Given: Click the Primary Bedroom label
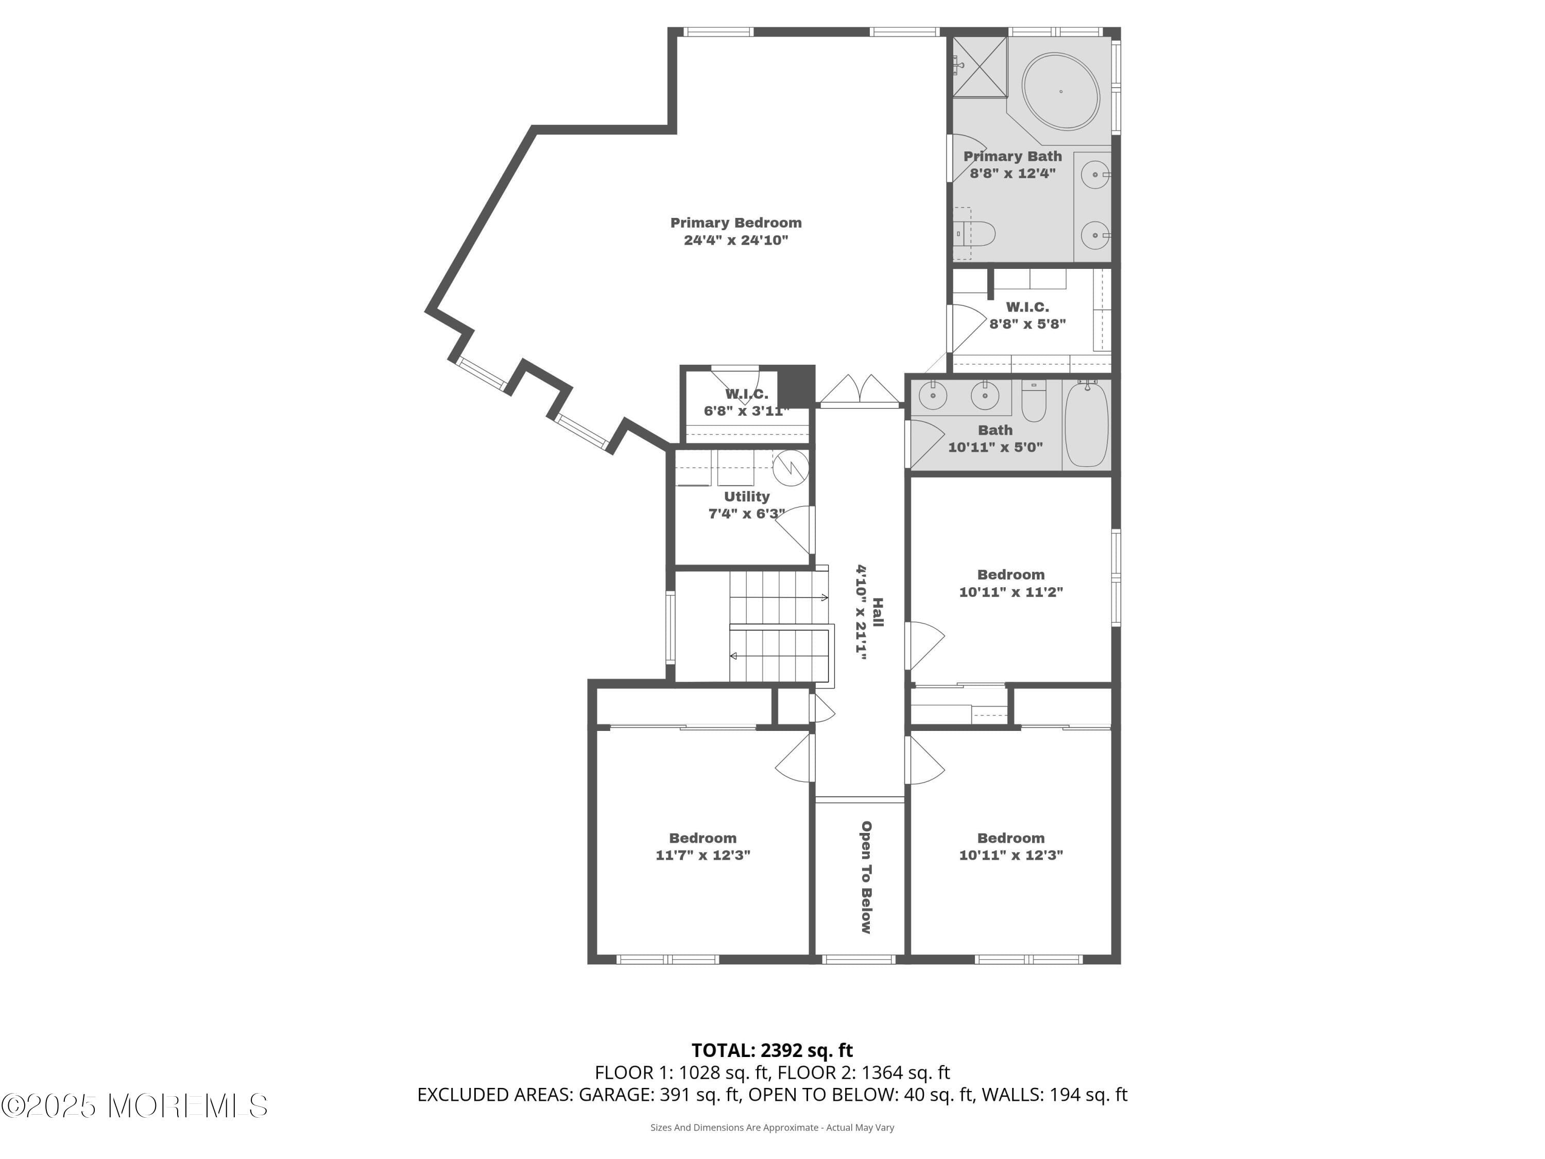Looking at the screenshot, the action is [x=736, y=223].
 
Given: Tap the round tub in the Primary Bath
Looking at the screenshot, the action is [x=1060, y=91].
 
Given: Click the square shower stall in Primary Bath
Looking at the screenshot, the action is [x=981, y=66].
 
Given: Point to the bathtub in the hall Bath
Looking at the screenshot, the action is [x=1086, y=423].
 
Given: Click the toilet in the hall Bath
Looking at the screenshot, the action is [x=1034, y=400].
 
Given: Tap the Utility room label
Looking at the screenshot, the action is [x=747, y=496].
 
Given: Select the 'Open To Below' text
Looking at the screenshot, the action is [x=866, y=877].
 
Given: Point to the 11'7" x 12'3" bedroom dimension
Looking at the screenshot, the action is [x=702, y=855].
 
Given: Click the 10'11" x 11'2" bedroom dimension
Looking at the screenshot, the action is [x=1010, y=592].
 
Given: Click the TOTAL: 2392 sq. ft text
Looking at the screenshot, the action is [x=772, y=1050].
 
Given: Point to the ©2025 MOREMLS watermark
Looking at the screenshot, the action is [x=134, y=1106].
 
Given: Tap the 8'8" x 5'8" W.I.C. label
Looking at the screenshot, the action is [x=1027, y=315].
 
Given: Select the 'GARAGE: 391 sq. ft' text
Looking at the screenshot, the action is [x=659, y=1095].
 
